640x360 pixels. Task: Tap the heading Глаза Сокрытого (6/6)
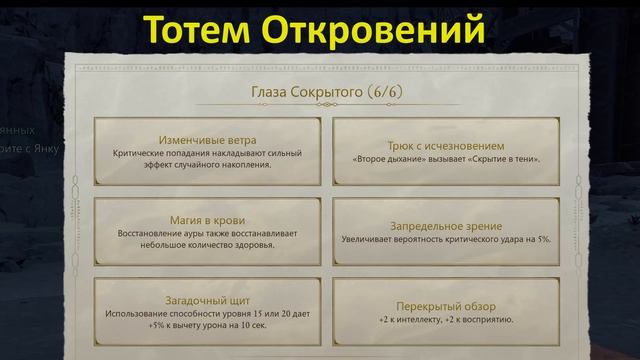point(320,92)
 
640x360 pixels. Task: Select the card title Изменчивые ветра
point(208,140)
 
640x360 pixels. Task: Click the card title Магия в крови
point(208,220)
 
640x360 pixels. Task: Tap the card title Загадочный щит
point(208,299)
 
